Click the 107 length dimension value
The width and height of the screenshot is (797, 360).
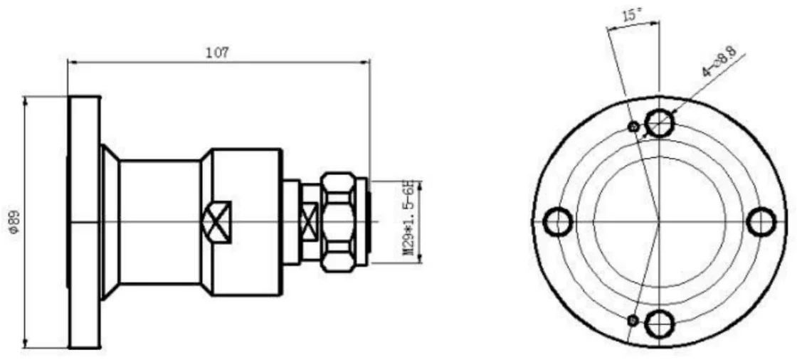point(218,53)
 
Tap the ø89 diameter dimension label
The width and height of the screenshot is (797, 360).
point(15,222)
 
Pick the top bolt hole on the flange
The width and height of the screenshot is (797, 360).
point(659,122)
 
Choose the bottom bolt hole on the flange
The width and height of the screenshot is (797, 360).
point(659,323)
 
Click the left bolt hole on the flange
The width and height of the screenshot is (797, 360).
point(558,222)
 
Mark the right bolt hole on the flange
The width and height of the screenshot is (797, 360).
point(761,222)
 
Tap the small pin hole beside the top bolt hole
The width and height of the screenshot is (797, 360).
point(633,126)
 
